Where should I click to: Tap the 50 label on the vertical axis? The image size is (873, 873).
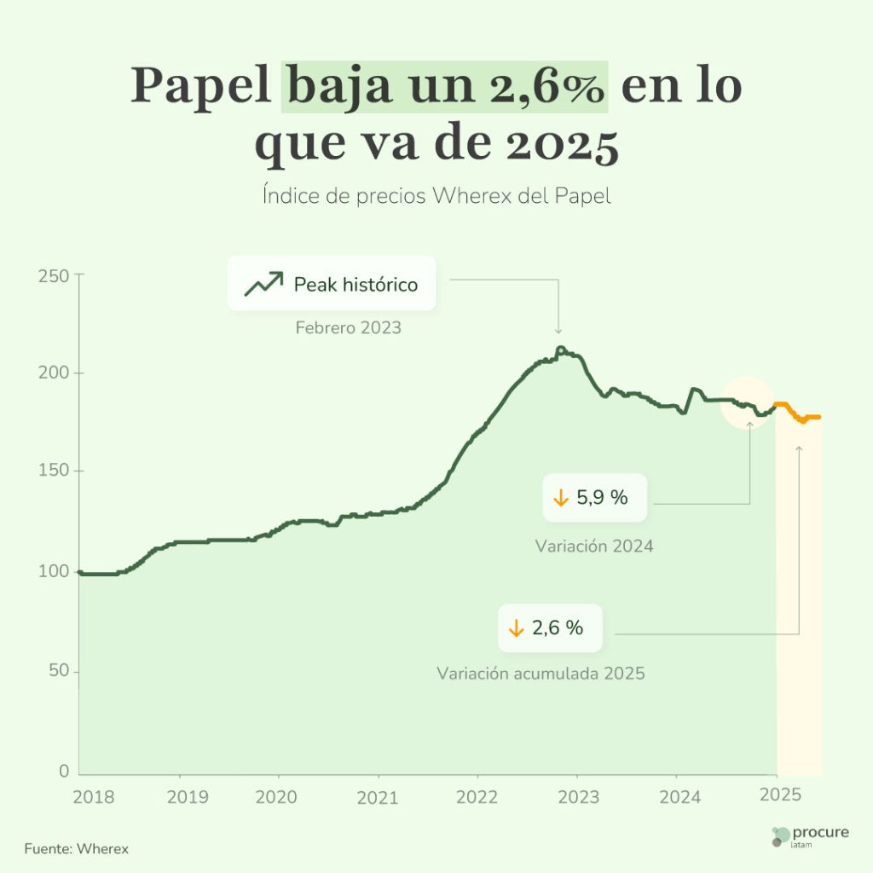tap(56, 672)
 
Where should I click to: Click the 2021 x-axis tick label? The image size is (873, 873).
tap(378, 797)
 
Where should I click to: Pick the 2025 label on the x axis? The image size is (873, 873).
tap(780, 795)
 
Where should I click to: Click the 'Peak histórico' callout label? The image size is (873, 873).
tap(356, 285)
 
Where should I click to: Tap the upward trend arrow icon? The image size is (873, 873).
tap(263, 284)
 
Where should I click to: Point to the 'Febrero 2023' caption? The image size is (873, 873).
tap(348, 327)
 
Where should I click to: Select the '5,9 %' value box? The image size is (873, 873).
tap(595, 498)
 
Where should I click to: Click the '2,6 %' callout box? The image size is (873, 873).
tap(550, 628)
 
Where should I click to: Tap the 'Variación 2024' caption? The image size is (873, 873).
tap(594, 546)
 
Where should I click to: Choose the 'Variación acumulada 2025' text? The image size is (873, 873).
tap(541, 674)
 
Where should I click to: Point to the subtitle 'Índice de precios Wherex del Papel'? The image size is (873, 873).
tap(436, 196)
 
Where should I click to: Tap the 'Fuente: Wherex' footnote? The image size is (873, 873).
tap(77, 849)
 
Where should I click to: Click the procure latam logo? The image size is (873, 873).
tap(809, 836)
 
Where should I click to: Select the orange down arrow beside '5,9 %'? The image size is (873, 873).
tap(561, 498)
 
